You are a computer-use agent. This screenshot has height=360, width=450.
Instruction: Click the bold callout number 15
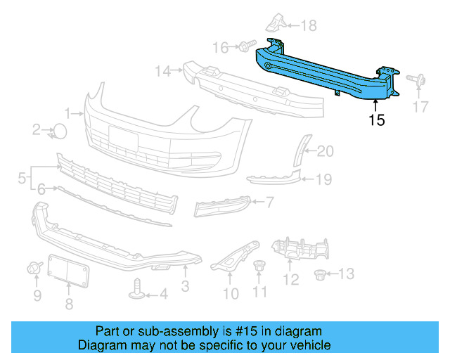pos(377,120)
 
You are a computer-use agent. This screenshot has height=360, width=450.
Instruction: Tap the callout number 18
pos(309,26)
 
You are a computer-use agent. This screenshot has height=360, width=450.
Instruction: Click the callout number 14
pos(163,70)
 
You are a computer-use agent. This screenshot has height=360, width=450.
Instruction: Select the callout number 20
pos(326,150)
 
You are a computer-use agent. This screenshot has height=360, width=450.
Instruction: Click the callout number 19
pos(323,179)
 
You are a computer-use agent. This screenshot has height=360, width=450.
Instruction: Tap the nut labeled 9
pos(33,267)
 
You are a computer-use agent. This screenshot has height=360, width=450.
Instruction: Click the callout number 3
pos(185,286)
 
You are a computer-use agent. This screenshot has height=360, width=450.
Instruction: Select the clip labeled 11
pos(259,267)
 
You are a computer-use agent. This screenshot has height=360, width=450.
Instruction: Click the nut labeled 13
pos(321,274)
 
